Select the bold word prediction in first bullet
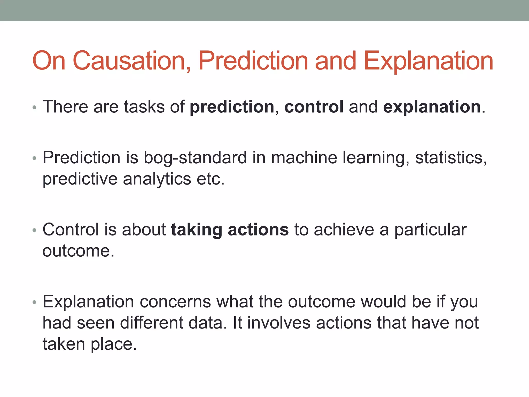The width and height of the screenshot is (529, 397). point(232,107)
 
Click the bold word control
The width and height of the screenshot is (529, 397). point(314,107)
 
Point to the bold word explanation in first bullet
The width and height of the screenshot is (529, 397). point(432,107)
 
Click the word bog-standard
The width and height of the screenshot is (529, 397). point(195,158)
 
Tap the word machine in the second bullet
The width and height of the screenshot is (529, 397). point(304,158)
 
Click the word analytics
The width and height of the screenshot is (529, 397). point(157,179)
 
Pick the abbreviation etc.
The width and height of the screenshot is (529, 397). point(210,179)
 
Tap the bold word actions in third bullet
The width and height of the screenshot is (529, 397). point(258,230)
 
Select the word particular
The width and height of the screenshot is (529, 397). point(430,230)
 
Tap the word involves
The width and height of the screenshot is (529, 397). point(279,323)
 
